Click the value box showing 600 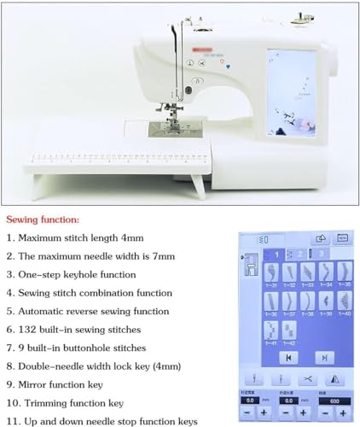[x=333, y=399]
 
